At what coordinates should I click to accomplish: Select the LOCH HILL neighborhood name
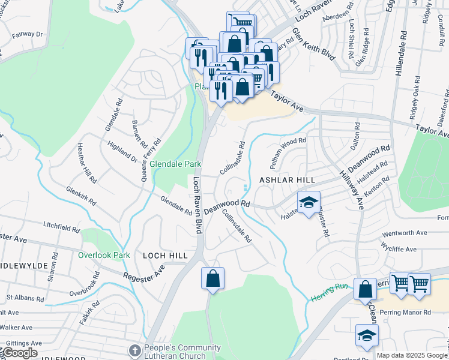coord(165,255)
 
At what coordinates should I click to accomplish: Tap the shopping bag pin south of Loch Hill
coord(212,279)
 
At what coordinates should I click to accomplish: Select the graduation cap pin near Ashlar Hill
coord(309,203)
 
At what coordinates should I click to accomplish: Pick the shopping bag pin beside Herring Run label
coord(365,290)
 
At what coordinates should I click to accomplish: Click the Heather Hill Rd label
coord(86,163)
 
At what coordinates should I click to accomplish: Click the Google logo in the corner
coord(19,353)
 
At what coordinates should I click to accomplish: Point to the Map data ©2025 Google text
coord(412,355)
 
